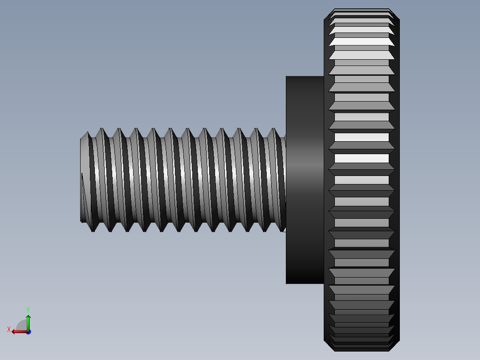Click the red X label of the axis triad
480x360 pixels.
(x=9, y=329)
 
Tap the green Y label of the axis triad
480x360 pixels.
(x=28, y=309)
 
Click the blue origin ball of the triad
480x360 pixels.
(x=28, y=331)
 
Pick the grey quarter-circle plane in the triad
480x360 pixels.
(x=22, y=325)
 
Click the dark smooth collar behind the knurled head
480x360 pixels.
(x=305, y=178)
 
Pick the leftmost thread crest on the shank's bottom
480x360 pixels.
(x=93, y=231)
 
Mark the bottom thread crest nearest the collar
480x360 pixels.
(x=281, y=230)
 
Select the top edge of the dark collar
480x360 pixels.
(x=305, y=77)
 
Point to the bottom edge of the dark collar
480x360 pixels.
(x=305, y=283)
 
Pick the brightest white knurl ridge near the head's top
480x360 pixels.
(x=362, y=41)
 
